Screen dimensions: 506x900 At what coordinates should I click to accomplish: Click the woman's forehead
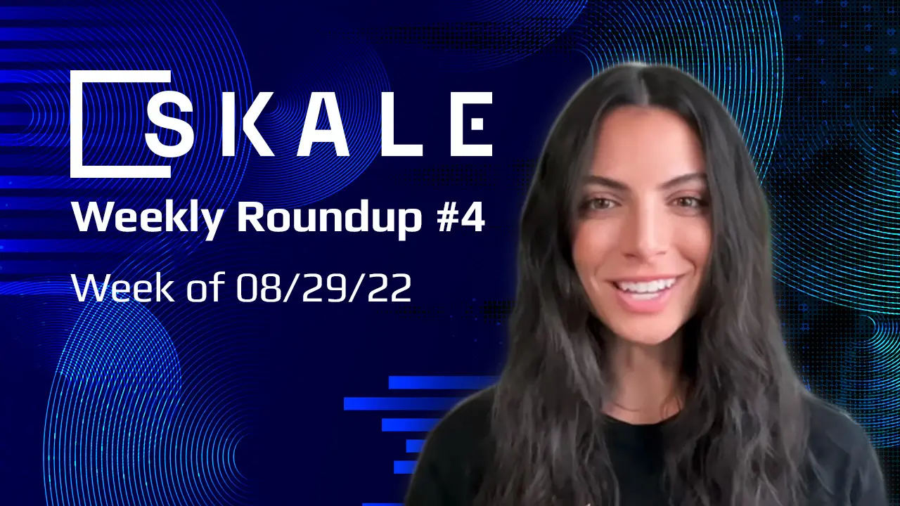click(643, 141)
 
